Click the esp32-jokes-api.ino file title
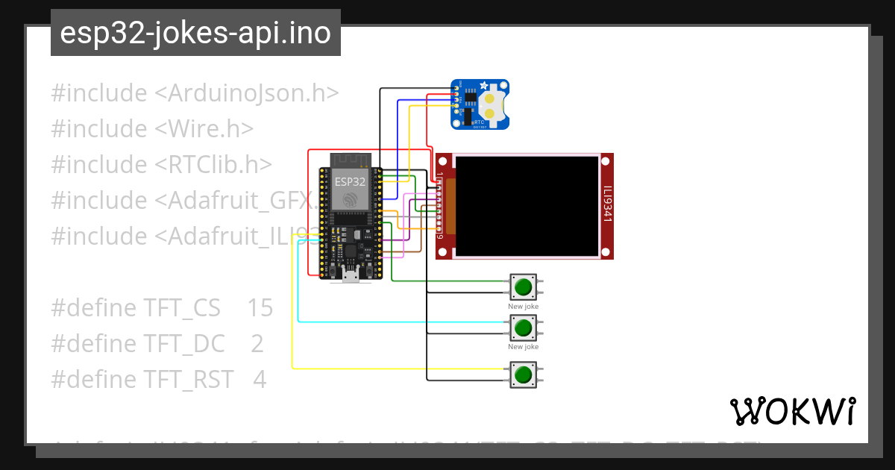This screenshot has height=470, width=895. click(x=195, y=33)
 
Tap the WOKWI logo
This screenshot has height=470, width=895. click(x=792, y=412)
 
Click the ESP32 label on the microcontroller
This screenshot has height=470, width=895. click(x=350, y=181)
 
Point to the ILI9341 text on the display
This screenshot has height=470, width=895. click(x=607, y=204)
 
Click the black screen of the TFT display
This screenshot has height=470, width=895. click(x=527, y=204)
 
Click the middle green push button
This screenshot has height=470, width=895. click(x=524, y=327)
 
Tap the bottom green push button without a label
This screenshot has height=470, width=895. click(x=524, y=374)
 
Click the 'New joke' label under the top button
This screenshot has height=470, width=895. click(x=524, y=307)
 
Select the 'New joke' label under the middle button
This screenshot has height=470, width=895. click(x=524, y=347)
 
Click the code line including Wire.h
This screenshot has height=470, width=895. click(x=152, y=129)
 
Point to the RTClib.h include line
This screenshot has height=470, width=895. click(x=161, y=165)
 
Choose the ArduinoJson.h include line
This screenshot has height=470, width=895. click(x=195, y=93)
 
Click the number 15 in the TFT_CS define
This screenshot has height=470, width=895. click(x=260, y=308)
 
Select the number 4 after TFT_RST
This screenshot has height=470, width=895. click(x=259, y=380)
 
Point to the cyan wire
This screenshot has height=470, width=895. click(x=298, y=298)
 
